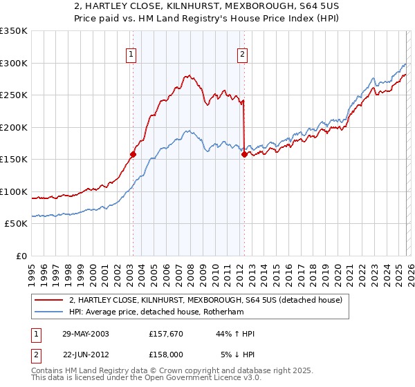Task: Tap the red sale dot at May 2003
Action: click(x=132, y=155)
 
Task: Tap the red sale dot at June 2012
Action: click(x=244, y=155)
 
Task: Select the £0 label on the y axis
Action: click(x=21, y=256)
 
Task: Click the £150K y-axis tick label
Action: click(x=14, y=160)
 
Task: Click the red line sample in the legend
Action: click(x=49, y=300)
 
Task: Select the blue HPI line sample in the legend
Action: click(x=49, y=312)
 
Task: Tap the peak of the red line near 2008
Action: click(x=187, y=75)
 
